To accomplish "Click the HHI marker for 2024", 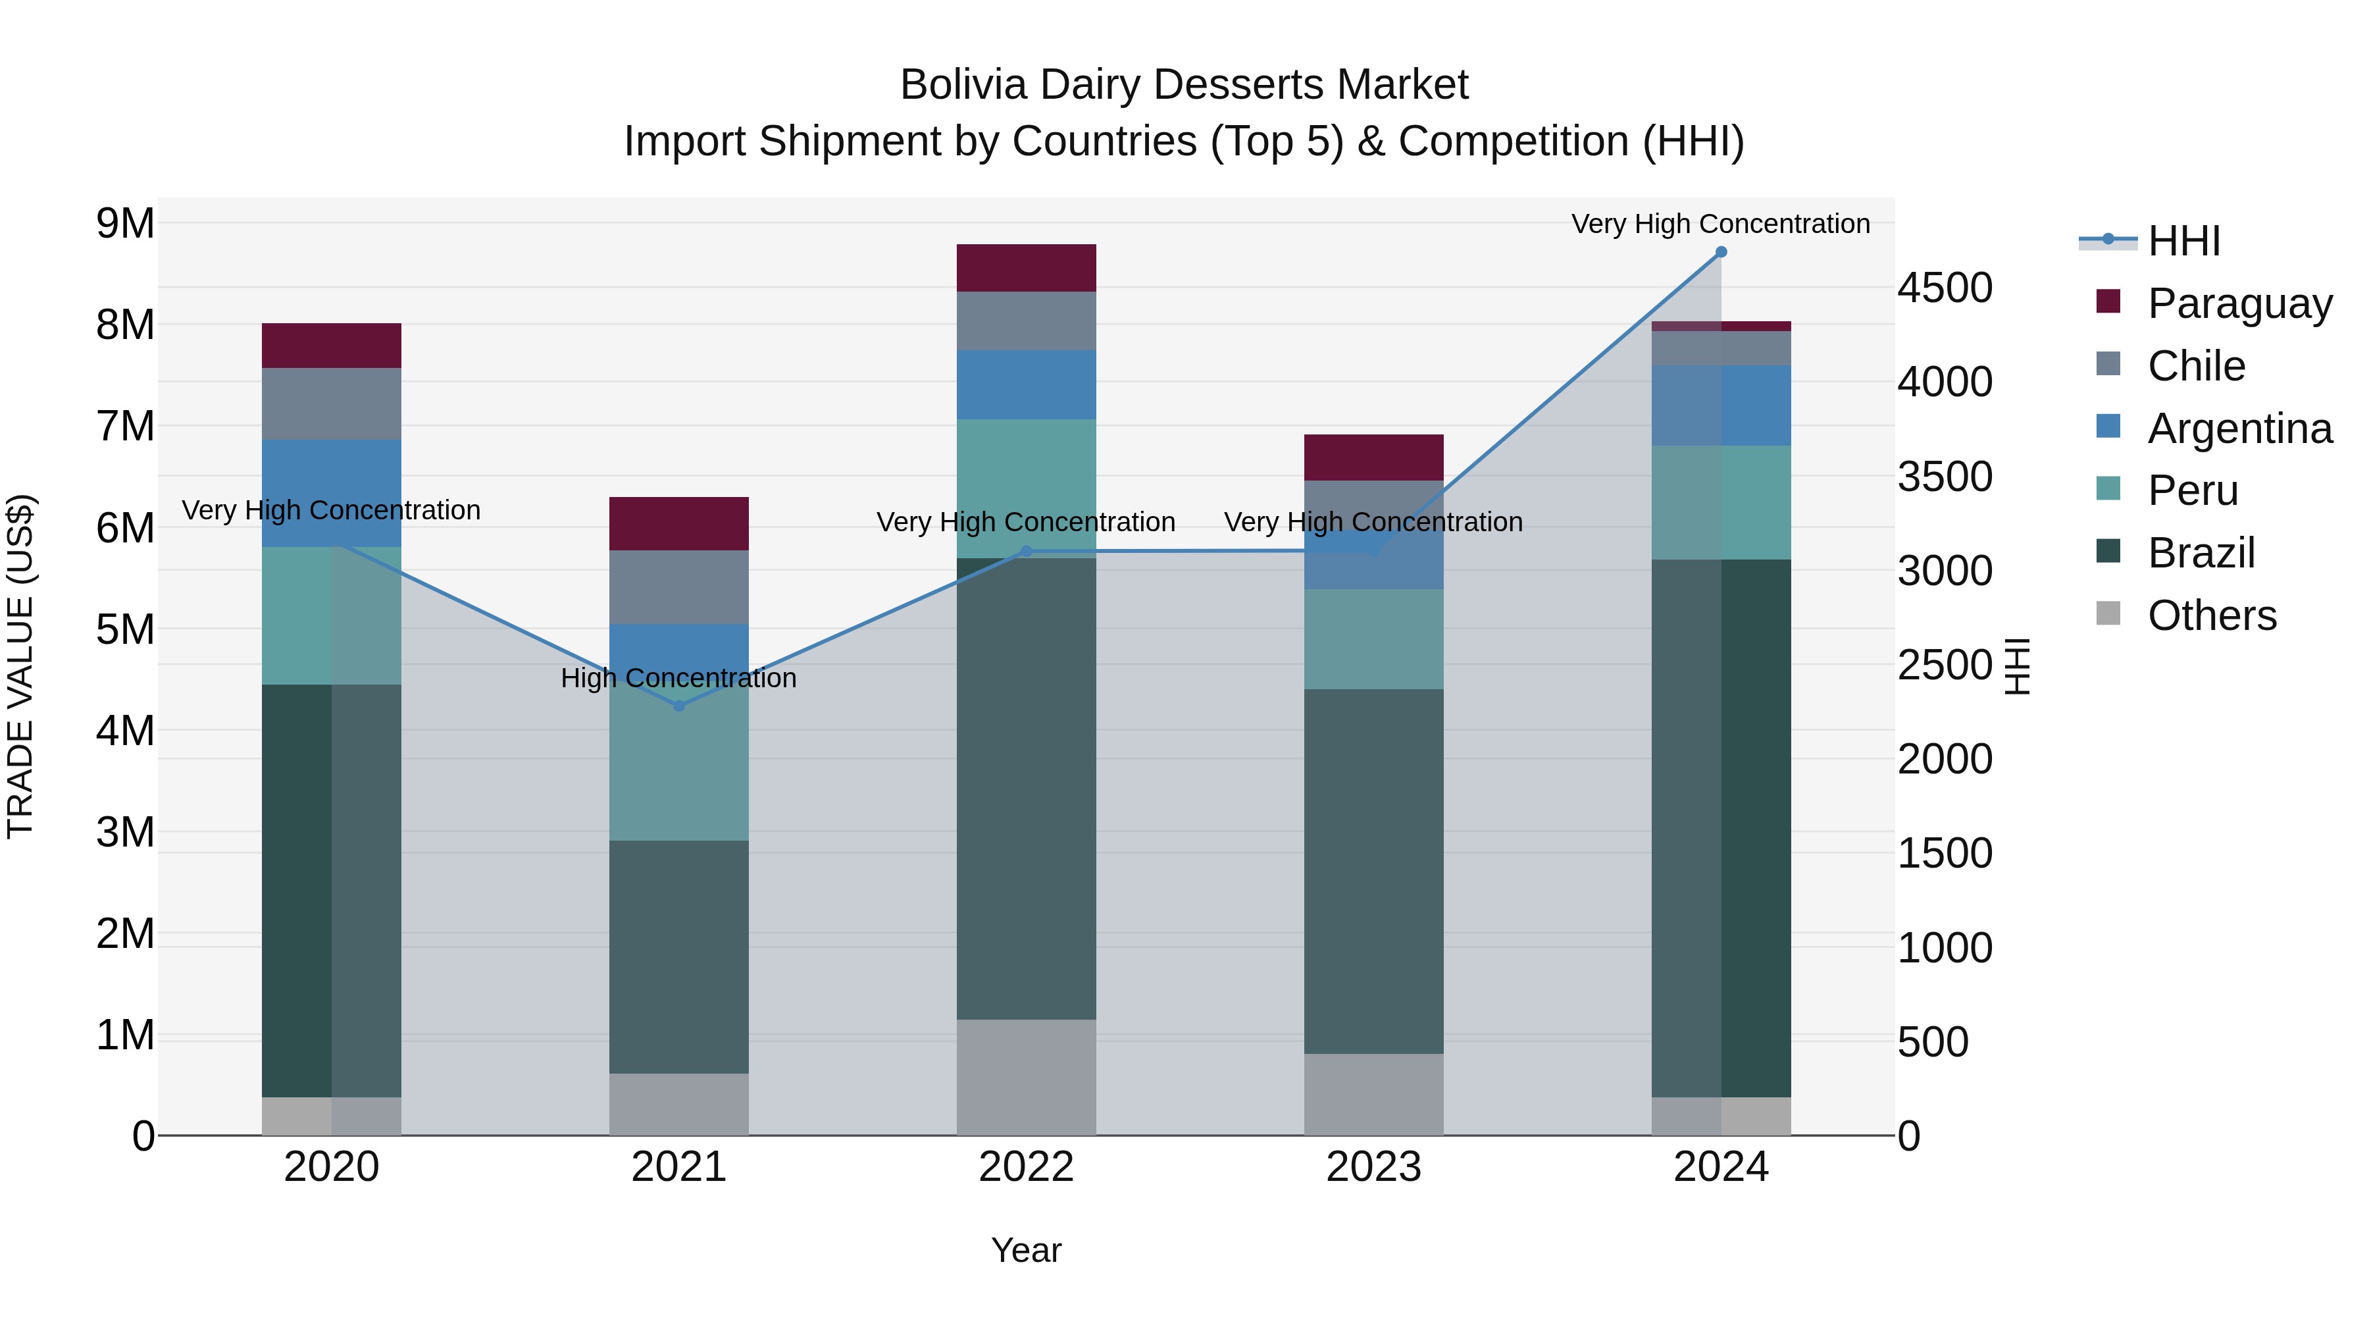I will (x=1721, y=252).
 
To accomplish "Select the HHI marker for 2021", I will (x=678, y=706).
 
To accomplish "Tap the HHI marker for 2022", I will (x=1027, y=551).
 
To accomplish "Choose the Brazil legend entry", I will (x=2201, y=553).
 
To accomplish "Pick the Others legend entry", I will (x=2211, y=615).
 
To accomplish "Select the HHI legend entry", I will (x=2183, y=241).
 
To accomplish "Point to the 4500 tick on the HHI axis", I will (x=1944, y=288).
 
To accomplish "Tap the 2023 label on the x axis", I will (x=1373, y=1167).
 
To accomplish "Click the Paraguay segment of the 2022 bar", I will (x=1027, y=268).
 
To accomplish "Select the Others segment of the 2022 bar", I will (x=1027, y=1076).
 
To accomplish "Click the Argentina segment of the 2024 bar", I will (x=1721, y=405).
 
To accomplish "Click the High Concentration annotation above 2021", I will (x=678, y=678).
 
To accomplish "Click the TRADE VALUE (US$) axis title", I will (x=20, y=666).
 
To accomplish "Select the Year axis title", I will (x=1027, y=1250).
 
